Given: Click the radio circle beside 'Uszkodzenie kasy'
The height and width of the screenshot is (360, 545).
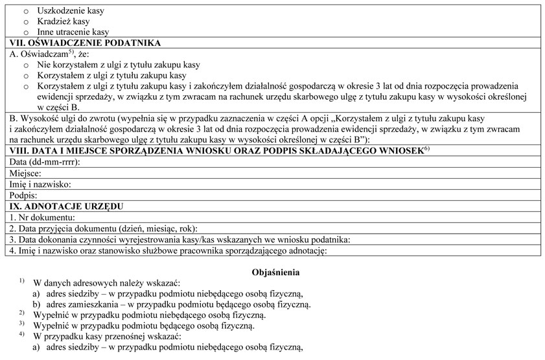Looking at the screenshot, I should pyautogui.click(x=27, y=12).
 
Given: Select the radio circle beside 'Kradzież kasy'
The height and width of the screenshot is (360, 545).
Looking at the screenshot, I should pyautogui.click(x=27, y=21).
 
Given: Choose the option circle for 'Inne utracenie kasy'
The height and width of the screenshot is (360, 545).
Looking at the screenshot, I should pyautogui.click(x=27, y=32).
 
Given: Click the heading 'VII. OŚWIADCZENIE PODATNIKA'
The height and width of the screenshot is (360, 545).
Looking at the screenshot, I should pyautogui.click(x=86, y=43).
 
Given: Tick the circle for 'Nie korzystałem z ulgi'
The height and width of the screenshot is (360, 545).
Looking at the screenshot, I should pyautogui.click(x=27, y=65).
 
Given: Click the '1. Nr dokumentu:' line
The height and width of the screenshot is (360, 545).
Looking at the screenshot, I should pyautogui.click(x=43, y=217).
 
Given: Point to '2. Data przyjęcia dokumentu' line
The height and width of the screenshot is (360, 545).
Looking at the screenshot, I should pyautogui.click(x=103, y=228).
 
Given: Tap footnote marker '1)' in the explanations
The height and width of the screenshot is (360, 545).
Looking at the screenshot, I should pyautogui.click(x=21, y=282).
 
